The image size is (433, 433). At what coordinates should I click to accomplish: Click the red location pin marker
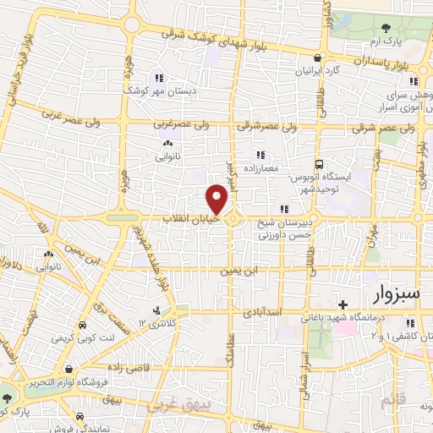click(217, 199)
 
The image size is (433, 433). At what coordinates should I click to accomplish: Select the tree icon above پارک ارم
click(385, 28)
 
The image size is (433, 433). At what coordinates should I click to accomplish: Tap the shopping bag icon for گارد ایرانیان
click(317, 59)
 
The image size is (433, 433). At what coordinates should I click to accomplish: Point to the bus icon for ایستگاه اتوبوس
click(319, 164)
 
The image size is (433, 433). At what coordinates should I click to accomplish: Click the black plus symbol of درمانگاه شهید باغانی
click(342, 304)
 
